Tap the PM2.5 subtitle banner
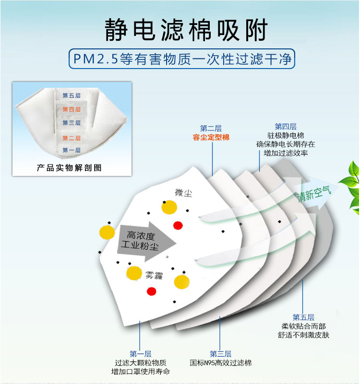click(x=180, y=59)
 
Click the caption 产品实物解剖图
click(x=70, y=168)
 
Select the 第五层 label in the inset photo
click(x=72, y=95)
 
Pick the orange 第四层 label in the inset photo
click(x=72, y=109)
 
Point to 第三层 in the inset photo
click(x=72, y=123)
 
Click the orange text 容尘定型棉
click(x=211, y=137)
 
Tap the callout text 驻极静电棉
click(x=286, y=136)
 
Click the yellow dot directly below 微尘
click(x=169, y=207)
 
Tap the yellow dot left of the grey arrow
click(x=107, y=233)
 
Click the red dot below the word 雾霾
click(x=152, y=291)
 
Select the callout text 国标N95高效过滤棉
click(x=221, y=363)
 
